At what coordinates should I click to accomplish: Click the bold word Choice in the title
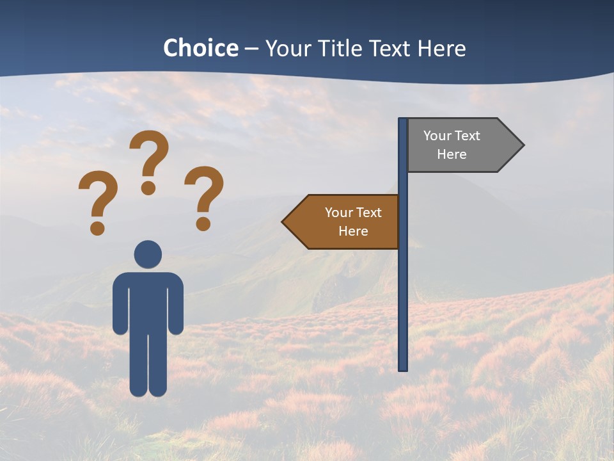click(200, 48)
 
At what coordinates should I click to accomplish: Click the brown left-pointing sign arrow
click(342, 222)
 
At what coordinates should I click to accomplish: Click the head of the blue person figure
click(148, 254)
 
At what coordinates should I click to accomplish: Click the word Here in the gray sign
click(452, 154)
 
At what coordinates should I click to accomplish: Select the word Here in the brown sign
click(353, 231)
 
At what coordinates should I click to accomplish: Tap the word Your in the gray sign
click(437, 136)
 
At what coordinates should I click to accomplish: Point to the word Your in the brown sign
click(339, 213)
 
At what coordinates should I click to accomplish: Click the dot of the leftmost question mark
click(97, 227)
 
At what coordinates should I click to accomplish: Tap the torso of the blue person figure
click(148, 301)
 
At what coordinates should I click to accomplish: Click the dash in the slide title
click(251, 49)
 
